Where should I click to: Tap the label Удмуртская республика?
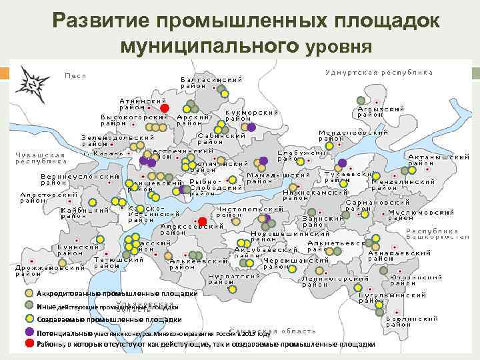coord(379,72)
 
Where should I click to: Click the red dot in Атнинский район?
coord(165,108)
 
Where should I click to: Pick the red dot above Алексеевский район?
coord(202,221)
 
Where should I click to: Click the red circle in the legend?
coord(29,343)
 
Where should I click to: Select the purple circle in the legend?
coord(29,331)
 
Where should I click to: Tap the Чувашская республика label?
coord(41,157)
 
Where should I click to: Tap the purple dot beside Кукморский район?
coord(252,127)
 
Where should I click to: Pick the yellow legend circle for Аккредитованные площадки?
coord(29,293)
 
